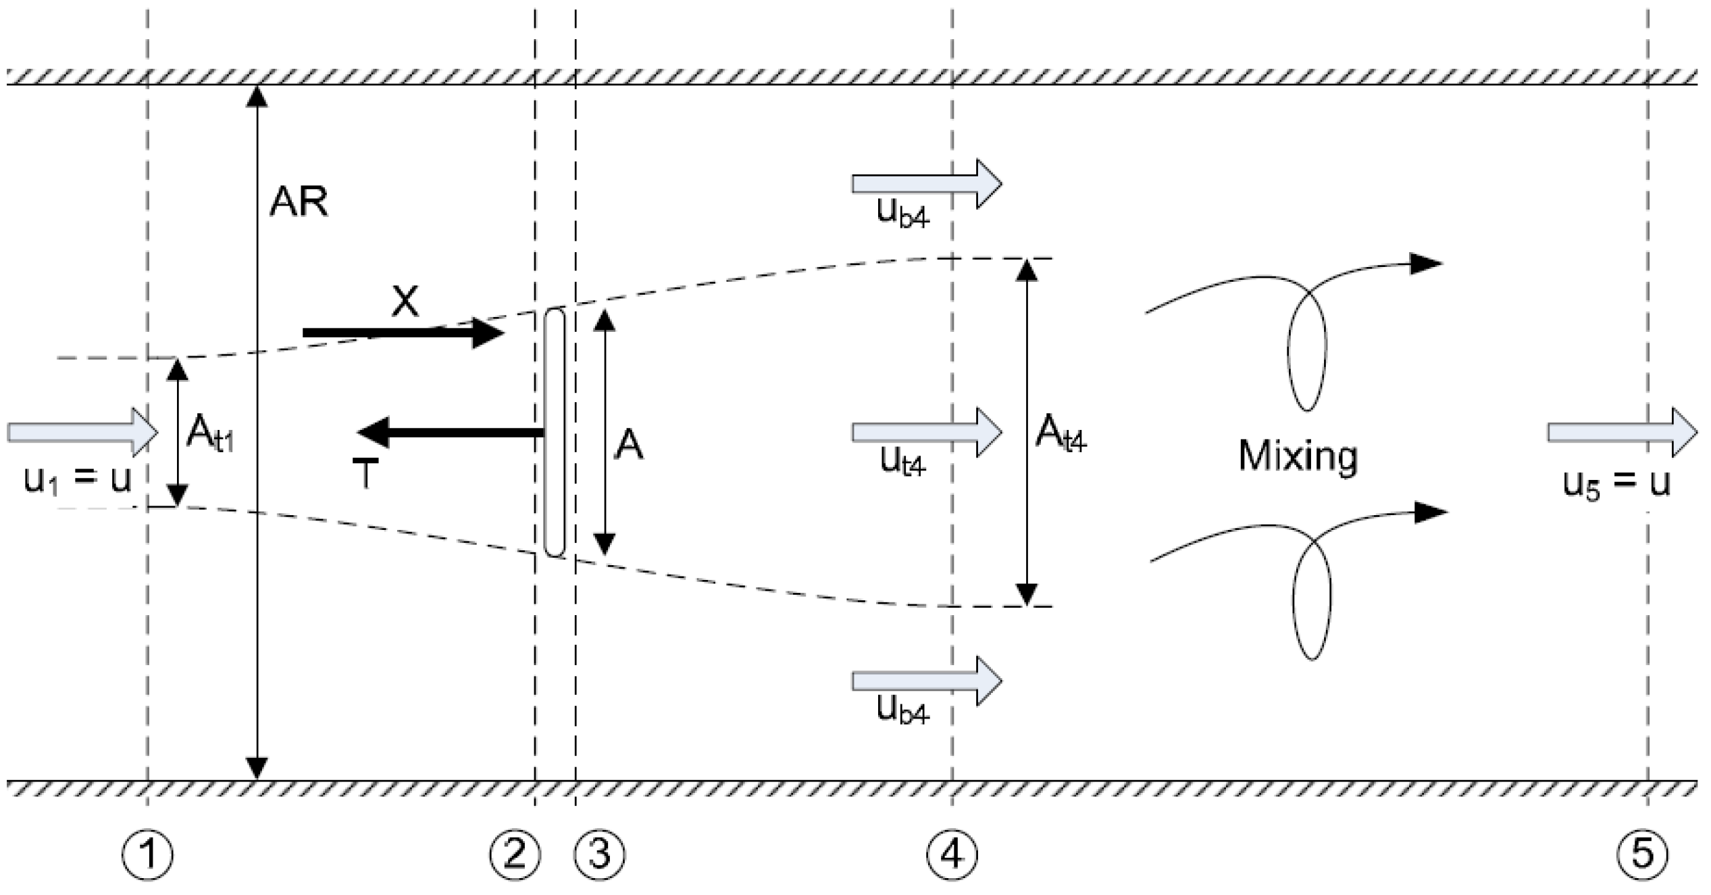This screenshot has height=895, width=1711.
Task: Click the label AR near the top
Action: coord(299,201)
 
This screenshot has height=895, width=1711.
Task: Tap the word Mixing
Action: coord(1298,456)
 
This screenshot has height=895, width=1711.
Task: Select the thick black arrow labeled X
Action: coord(403,333)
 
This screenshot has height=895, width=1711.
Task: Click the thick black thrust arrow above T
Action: coord(451,433)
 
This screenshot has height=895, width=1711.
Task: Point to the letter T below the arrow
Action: coord(365,474)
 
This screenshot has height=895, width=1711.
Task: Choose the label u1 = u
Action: coord(77,481)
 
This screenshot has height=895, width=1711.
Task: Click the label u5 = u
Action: coord(1617,484)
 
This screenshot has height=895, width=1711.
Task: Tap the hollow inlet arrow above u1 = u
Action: coord(82,431)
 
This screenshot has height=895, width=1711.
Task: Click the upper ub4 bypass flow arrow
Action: coord(926,183)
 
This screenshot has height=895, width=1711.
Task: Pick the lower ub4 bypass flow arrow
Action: coord(926,681)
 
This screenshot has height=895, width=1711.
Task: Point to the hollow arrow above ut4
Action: coord(926,431)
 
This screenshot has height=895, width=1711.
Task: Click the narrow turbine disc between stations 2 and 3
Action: coord(554,433)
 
